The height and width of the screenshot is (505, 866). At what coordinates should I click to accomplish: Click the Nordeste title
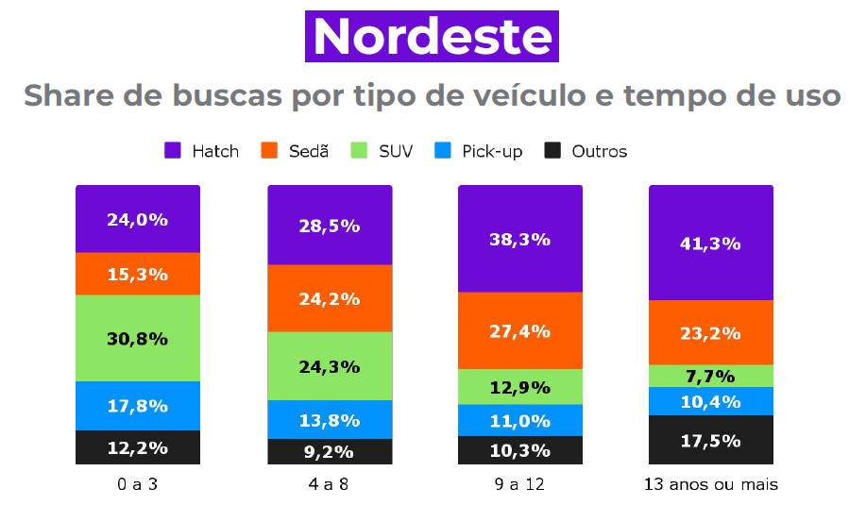pyautogui.click(x=432, y=37)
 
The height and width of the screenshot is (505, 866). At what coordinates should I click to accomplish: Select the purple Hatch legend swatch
pyautogui.click(x=173, y=151)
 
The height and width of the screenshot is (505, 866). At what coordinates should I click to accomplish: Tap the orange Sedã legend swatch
pyautogui.click(x=269, y=151)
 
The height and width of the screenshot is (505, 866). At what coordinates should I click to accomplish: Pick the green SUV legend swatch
pyautogui.click(x=359, y=151)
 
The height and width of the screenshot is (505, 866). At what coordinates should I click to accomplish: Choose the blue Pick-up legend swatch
pyautogui.click(x=443, y=151)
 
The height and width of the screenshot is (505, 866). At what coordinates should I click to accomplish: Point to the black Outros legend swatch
pyautogui.click(x=553, y=151)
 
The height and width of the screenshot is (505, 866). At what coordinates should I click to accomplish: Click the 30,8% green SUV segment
pyautogui.click(x=138, y=338)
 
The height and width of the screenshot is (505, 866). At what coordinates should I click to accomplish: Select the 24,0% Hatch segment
pyautogui.click(x=138, y=219)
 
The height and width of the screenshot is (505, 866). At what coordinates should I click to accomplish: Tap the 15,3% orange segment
pyautogui.click(x=138, y=274)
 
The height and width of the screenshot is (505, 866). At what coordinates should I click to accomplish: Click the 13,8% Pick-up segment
pyautogui.click(x=330, y=419)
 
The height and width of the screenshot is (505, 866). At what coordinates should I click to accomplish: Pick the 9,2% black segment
pyautogui.click(x=330, y=451)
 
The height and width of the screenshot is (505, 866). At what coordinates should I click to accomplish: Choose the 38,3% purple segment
pyautogui.click(x=520, y=239)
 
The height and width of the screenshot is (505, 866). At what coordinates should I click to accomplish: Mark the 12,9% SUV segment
pyautogui.click(x=520, y=386)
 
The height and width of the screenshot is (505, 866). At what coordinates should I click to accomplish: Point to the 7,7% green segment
pyautogui.click(x=710, y=376)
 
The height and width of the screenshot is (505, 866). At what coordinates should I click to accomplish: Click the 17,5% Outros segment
pyautogui.click(x=710, y=440)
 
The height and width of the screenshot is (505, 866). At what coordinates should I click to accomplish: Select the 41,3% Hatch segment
pyautogui.click(x=710, y=243)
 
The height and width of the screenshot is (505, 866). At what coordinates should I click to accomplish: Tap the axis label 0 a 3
pyautogui.click(x=138, y=485)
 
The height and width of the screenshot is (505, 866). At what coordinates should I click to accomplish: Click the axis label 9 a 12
pyautogui.click(x=520, y=485)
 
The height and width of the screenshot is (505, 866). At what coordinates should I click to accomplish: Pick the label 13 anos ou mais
pyautogui.click(x=710, y=485)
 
